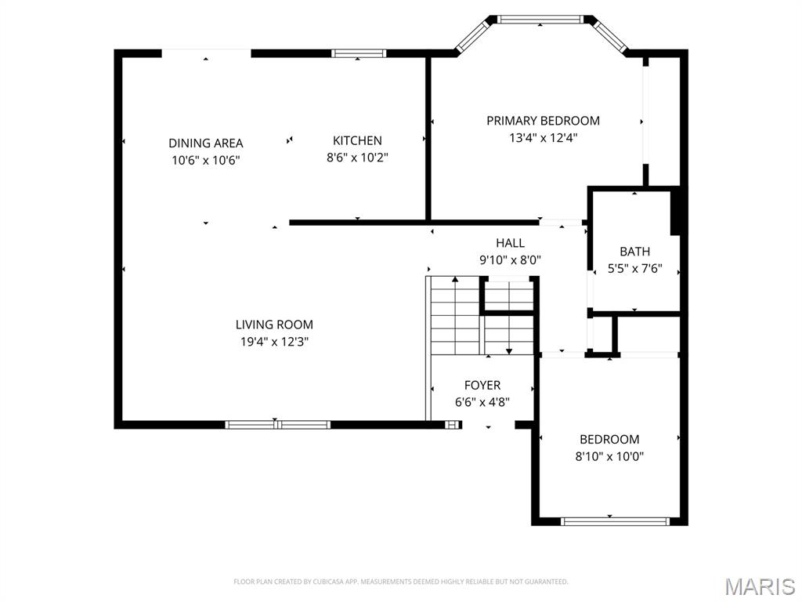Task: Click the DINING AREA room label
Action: point(206,143)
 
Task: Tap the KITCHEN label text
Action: point(357,140)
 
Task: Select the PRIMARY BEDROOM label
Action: point(543,121)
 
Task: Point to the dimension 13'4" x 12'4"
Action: point(543,138)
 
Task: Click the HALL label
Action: point(510,243)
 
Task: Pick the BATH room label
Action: point(634,252)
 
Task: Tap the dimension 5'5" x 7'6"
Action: point(634,268)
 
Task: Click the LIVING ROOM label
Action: point(274,325)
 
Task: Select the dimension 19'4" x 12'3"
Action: point(274,342)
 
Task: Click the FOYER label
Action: point(482,385)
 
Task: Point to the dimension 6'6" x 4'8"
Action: point(482,402)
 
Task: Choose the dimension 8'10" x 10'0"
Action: point(609,456)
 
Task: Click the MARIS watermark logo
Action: point(759,586)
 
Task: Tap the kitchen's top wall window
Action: point(359,53)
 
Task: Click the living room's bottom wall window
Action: point(277,425)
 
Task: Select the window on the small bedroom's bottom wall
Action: point(616,520)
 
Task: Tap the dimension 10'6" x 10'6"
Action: point(206,160)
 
